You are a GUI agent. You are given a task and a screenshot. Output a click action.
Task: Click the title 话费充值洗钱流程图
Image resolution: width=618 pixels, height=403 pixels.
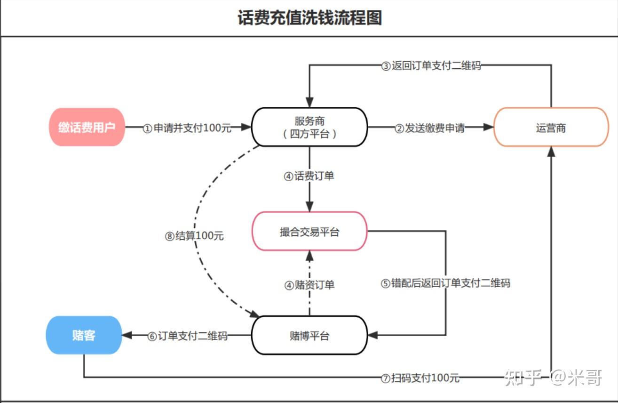click(309, 18)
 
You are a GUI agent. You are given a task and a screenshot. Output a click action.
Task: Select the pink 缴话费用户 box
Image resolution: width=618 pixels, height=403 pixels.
click(87, 127)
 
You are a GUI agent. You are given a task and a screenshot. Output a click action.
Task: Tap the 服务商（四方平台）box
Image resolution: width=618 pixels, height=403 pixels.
click(309, 127)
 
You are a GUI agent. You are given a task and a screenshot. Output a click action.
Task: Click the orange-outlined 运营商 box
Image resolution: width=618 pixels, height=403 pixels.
click(551, 127)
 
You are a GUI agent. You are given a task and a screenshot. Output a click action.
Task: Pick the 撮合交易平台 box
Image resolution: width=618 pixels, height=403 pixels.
click(309, 231)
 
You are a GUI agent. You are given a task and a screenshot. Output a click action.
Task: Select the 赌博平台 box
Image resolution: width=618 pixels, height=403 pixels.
click(309, 335)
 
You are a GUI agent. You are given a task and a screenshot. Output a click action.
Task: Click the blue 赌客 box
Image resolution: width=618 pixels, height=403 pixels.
click(84, 335)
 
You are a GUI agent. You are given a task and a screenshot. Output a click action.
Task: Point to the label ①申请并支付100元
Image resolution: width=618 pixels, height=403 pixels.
click(187, 128)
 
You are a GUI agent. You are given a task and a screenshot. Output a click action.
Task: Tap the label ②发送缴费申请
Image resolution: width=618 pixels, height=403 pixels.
click(429, 128)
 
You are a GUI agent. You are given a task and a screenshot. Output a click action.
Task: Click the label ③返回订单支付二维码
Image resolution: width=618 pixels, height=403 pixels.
click(431, 65)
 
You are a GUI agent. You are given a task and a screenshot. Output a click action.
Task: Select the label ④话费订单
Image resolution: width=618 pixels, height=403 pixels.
click(309, 177)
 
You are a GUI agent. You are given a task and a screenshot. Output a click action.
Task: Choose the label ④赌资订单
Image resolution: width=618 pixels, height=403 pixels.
click(309, 285)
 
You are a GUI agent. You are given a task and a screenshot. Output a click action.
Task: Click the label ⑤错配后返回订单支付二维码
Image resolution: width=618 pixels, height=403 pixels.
click(445, 283)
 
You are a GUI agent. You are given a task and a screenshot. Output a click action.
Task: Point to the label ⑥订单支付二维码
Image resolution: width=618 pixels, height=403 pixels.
click(187, 336)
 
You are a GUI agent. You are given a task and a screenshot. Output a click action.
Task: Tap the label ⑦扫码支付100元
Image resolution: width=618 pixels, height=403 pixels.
click(420, 378)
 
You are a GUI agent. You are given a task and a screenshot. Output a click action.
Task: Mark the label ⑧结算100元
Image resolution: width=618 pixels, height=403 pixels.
click(194, 236)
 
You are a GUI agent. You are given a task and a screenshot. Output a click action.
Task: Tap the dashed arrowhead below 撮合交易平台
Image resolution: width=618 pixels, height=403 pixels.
click(309, 256)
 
